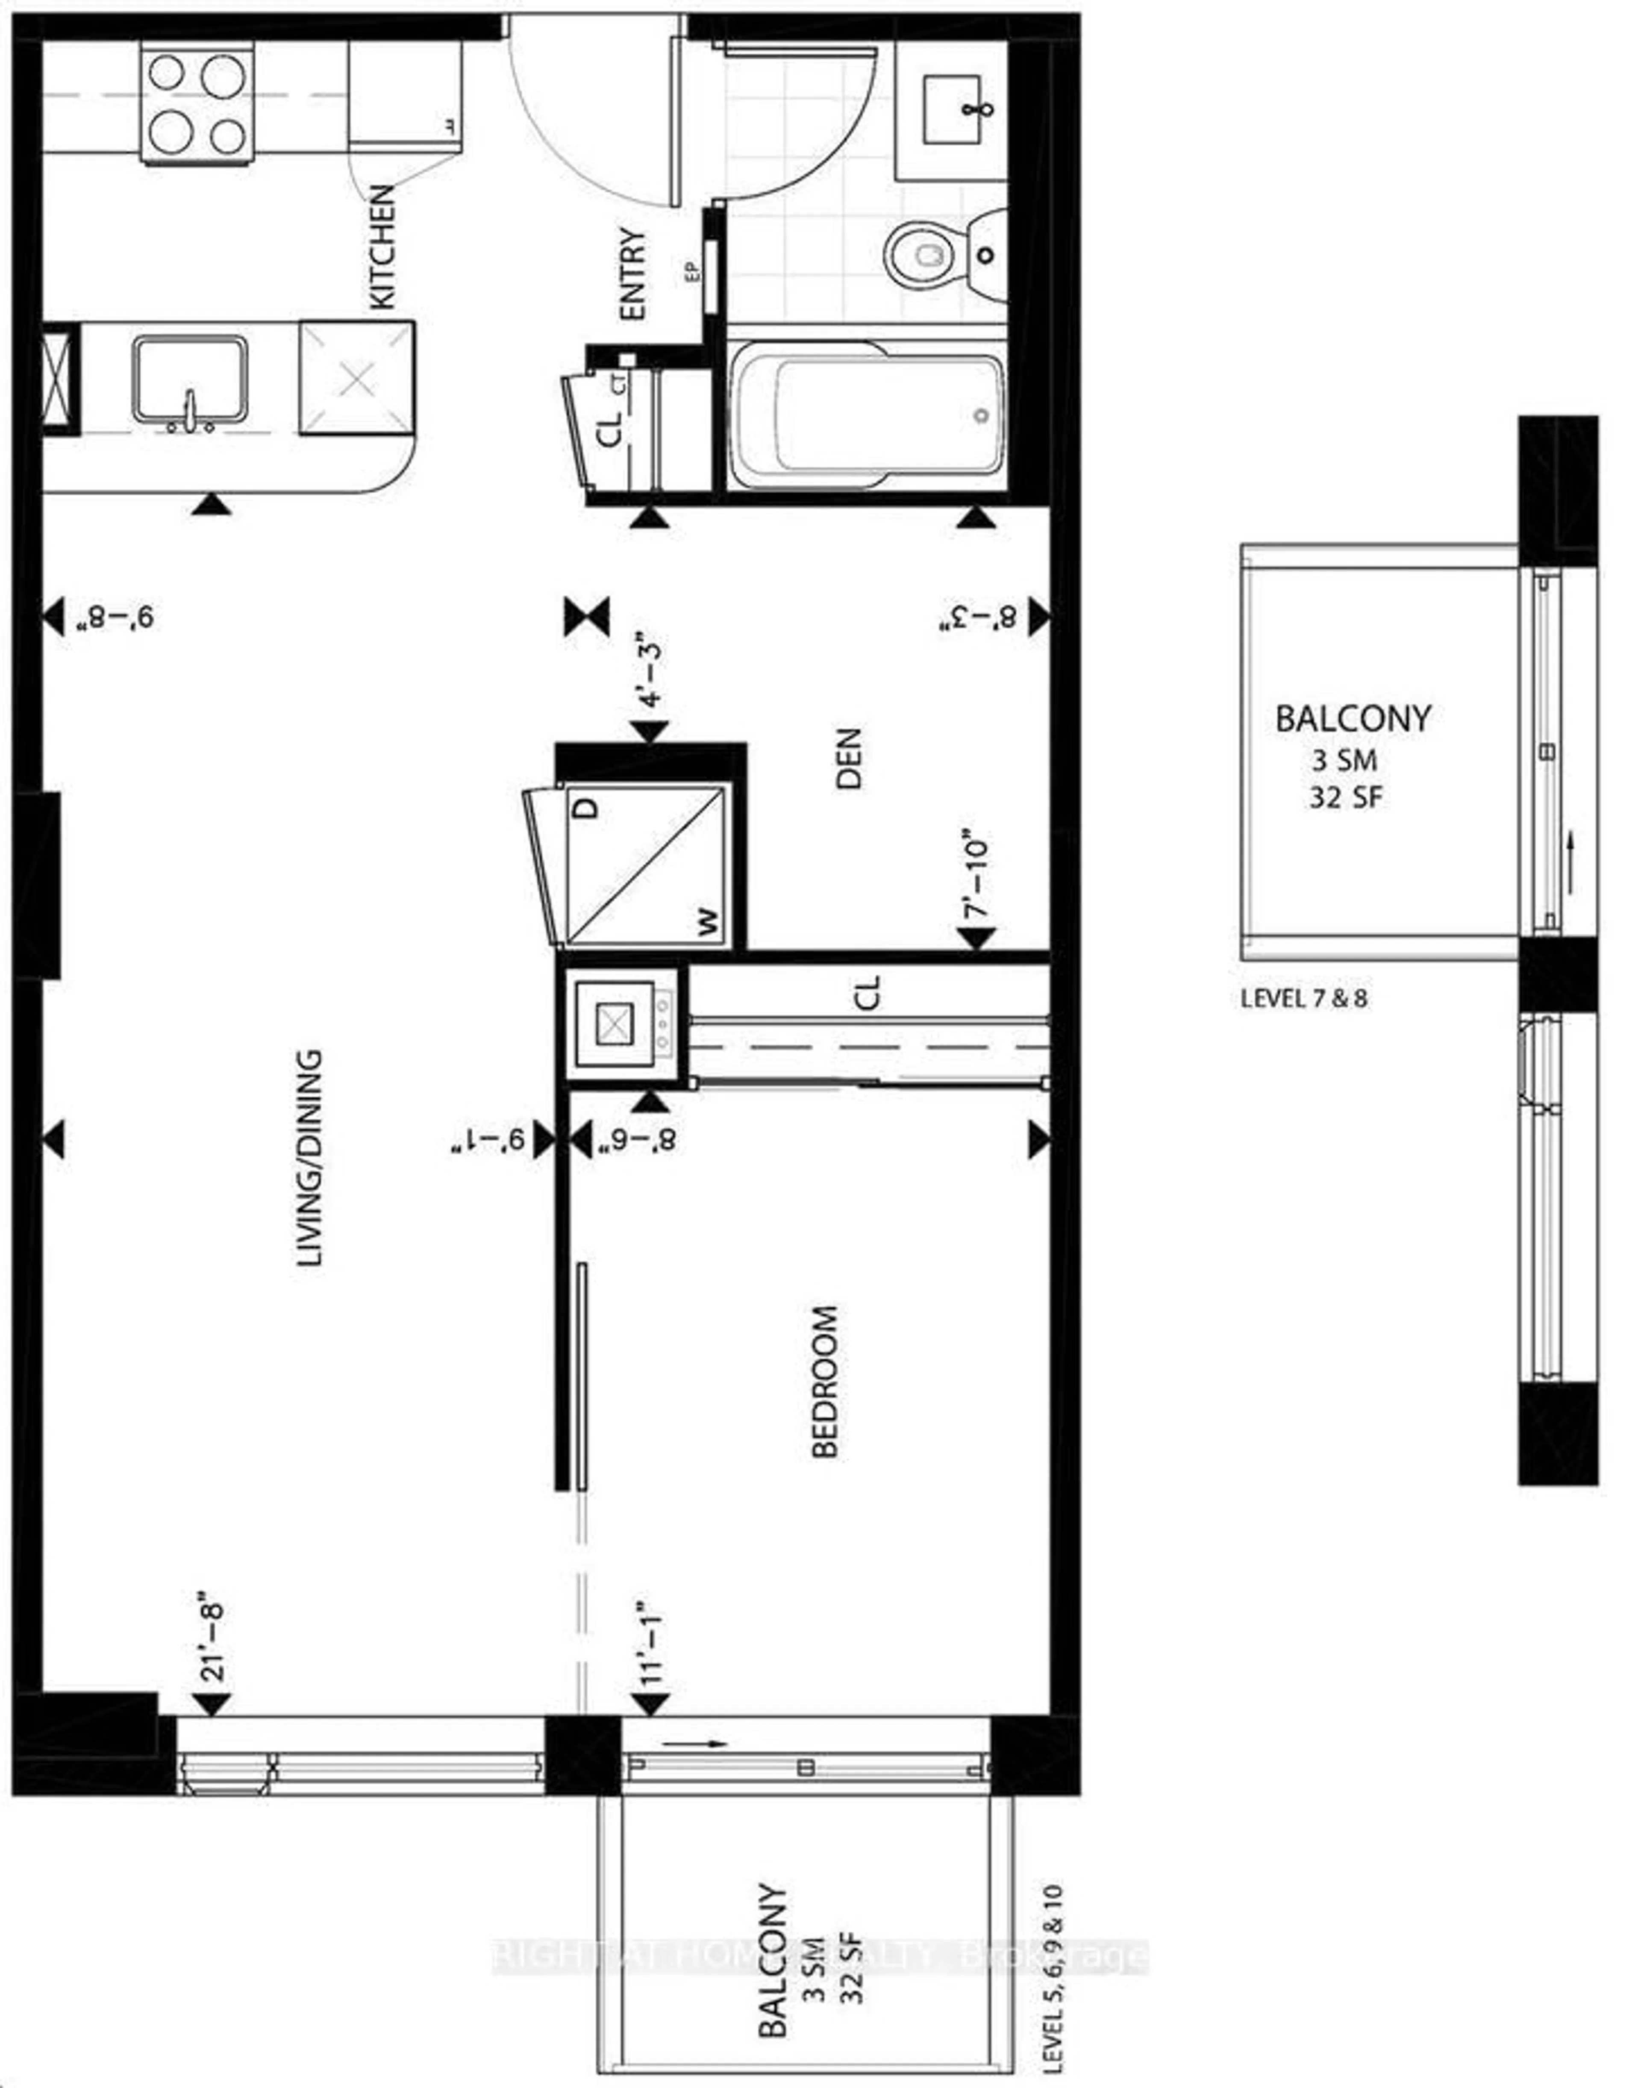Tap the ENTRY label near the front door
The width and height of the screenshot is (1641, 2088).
tap(633, 274)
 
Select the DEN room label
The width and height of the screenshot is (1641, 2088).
tap(849, 759)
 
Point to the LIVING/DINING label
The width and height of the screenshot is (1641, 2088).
tap(309, 1158)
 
